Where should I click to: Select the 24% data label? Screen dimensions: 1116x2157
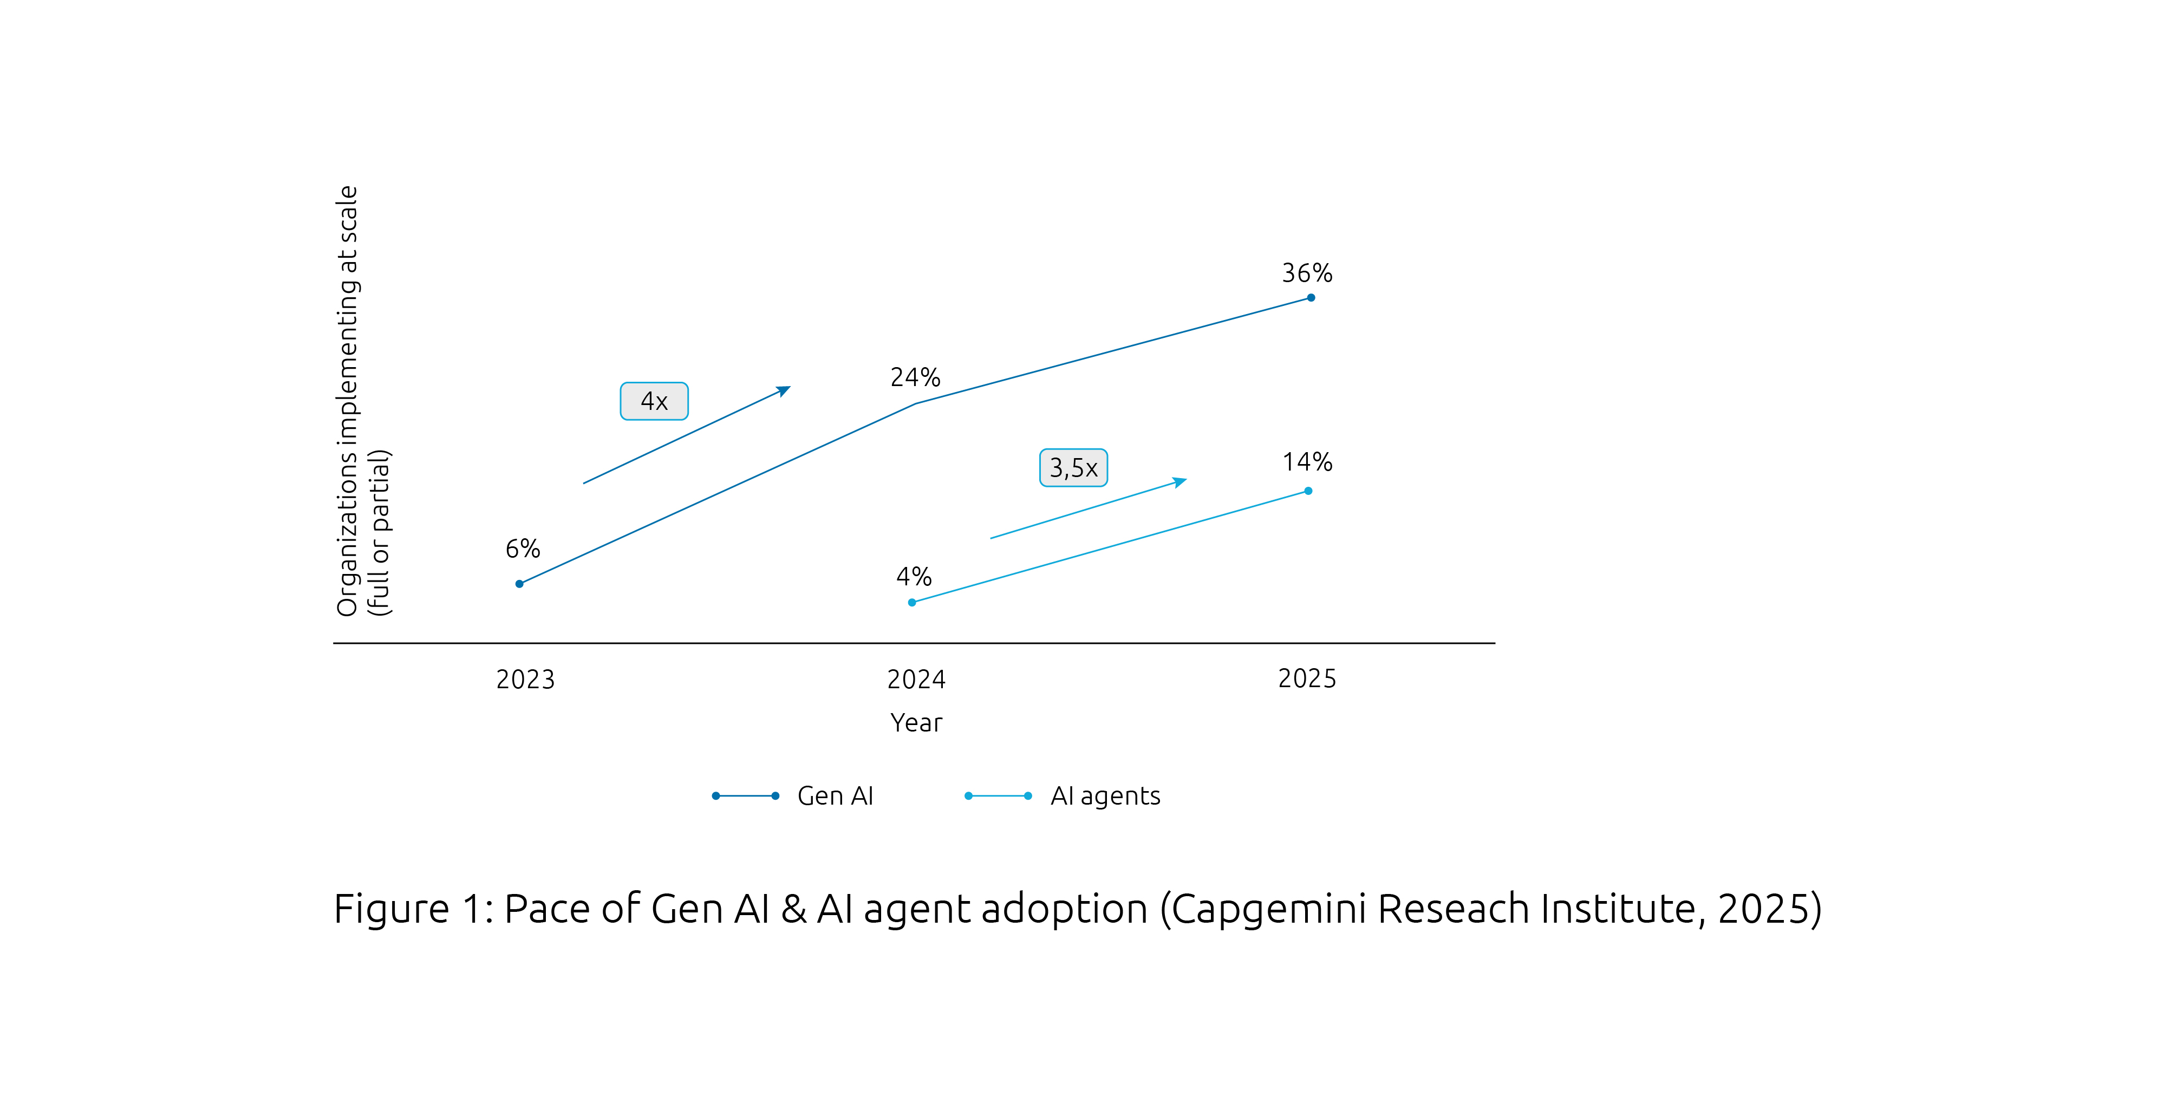point(915,377)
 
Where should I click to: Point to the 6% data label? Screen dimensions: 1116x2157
point(523,549)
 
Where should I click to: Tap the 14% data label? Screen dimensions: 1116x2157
point(1307,462)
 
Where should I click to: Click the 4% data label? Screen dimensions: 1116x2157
point(914,577)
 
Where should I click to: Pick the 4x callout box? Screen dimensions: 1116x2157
point(654,402)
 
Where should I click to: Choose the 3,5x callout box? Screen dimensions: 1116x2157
point(1073,468)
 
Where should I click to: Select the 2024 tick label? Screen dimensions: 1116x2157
point(916,680)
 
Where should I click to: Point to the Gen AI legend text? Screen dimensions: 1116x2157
point(835,796)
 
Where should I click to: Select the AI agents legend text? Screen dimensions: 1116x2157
point(1105,796)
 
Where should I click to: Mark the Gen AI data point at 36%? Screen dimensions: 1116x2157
point(1311,298)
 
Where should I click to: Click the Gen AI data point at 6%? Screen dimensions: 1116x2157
point(519,584)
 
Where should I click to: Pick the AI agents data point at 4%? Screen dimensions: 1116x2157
point(912,603)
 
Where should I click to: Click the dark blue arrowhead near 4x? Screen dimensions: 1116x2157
point(785,390)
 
